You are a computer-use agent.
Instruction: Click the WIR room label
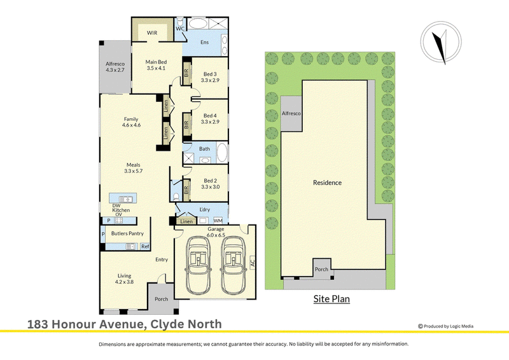152,33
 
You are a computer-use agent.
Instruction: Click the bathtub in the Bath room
222,152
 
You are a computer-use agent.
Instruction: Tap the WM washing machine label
218,221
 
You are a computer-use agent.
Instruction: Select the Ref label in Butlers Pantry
145,247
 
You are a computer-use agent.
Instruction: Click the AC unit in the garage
253,262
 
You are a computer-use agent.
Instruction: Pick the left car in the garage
198,265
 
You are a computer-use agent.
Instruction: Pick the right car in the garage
234,265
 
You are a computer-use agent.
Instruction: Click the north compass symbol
441,42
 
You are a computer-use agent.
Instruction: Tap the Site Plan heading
331,299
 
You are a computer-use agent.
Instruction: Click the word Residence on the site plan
327,183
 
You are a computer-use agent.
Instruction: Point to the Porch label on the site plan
321,270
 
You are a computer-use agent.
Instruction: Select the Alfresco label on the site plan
291,113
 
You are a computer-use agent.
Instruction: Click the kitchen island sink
125,198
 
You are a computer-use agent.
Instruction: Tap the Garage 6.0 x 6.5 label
216,232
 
